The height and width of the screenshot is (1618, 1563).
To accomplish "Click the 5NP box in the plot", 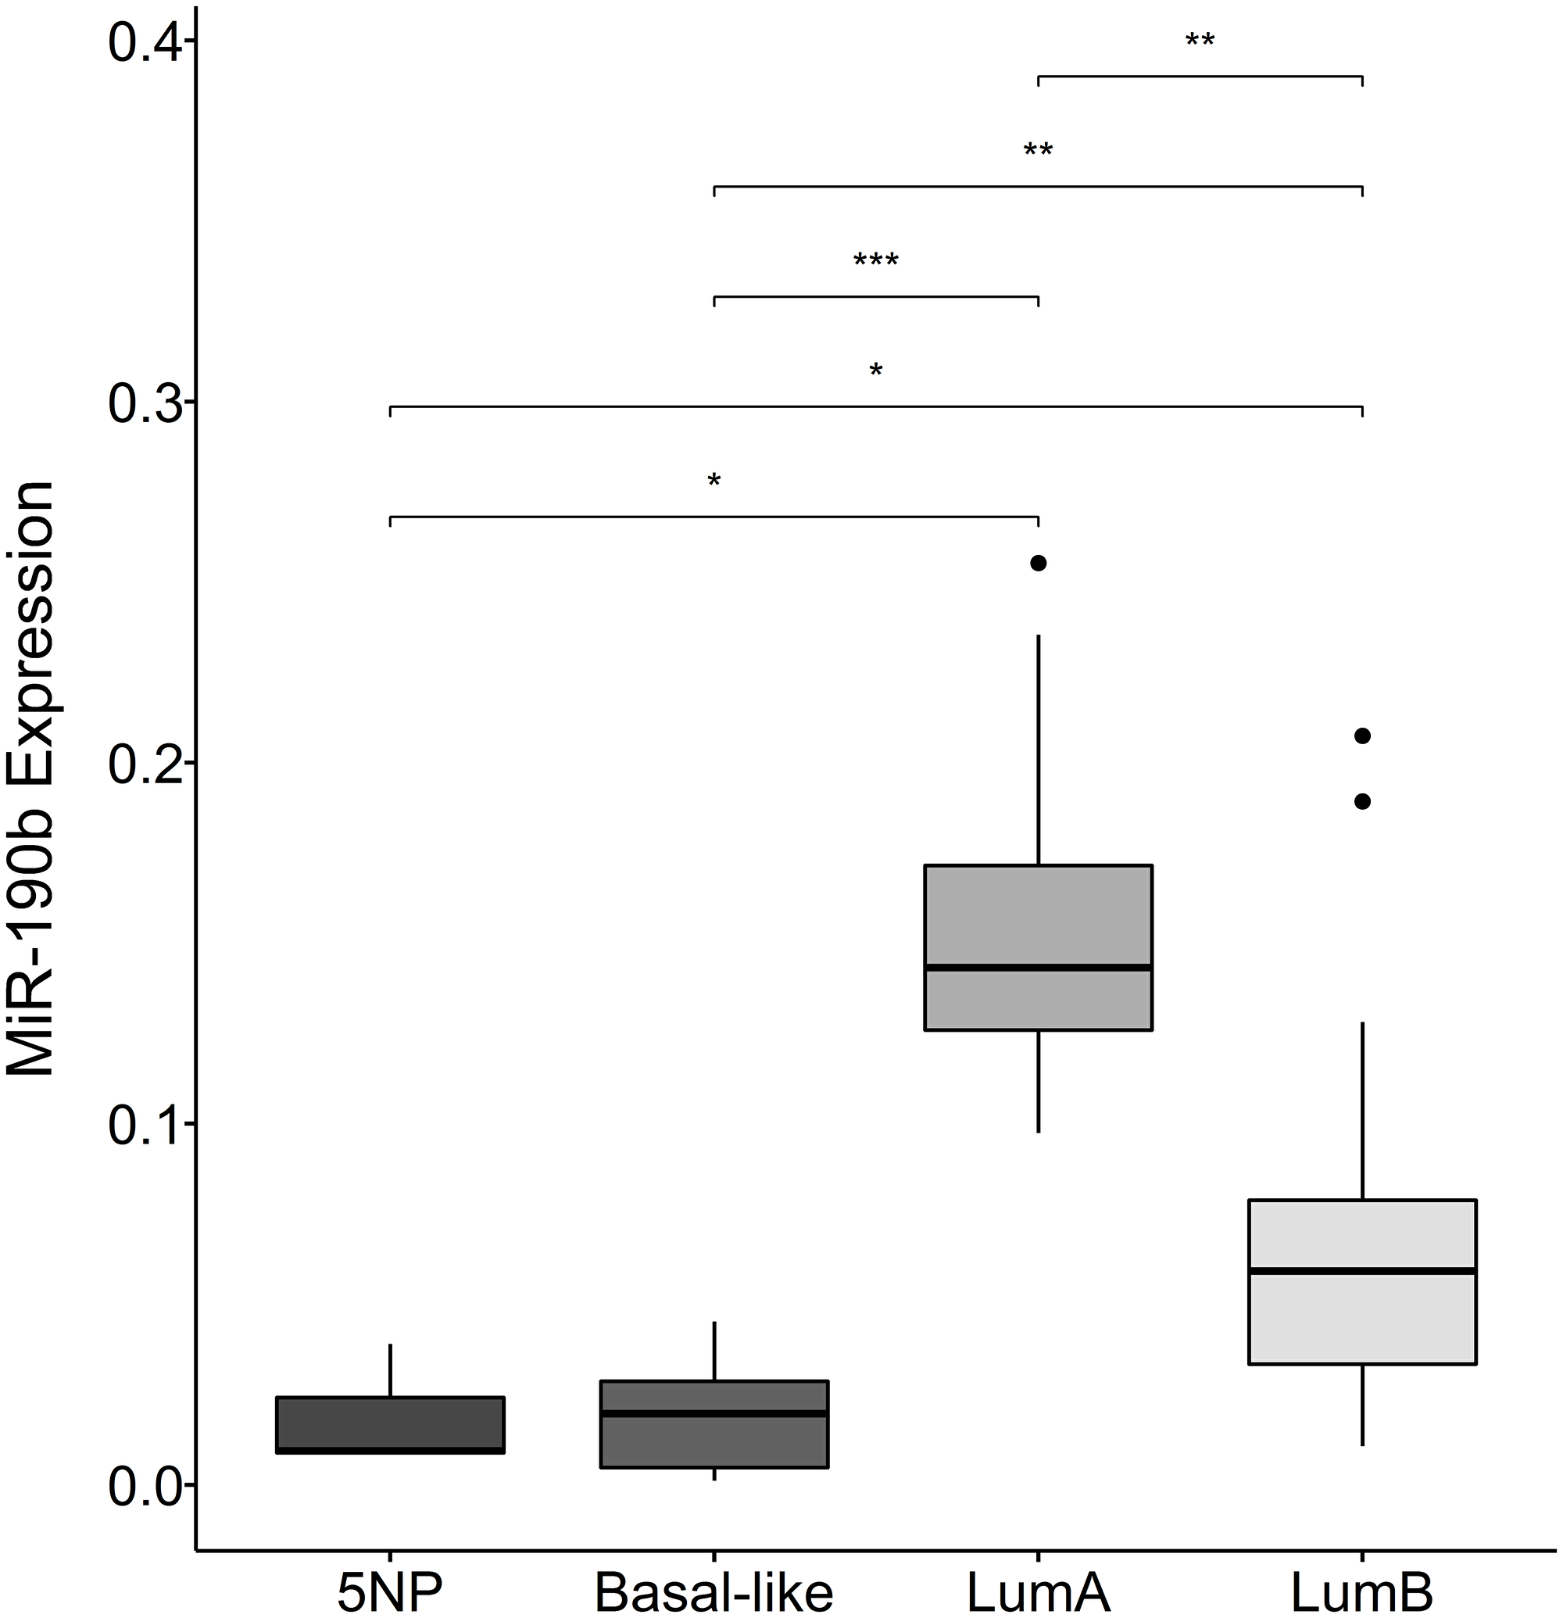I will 389,1424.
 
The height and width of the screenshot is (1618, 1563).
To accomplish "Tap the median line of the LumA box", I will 1037,967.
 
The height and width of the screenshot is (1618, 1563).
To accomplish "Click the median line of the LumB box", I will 1361,1269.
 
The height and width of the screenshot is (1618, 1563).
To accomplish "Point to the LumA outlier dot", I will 1038,563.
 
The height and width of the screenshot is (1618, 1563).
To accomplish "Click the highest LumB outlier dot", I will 1362,736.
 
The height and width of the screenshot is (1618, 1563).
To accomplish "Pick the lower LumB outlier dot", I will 1362,800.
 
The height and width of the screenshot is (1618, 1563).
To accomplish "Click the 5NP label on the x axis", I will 389,1591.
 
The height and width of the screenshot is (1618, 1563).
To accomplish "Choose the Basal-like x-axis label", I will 714,1591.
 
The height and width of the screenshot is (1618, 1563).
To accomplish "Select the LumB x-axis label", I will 1361,1591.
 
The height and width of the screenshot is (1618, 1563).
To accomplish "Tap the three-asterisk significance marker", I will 875,261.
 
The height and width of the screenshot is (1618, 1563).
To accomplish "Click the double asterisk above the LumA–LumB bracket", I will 1199,41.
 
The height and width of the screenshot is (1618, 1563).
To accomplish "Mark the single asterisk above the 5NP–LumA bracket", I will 714,481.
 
